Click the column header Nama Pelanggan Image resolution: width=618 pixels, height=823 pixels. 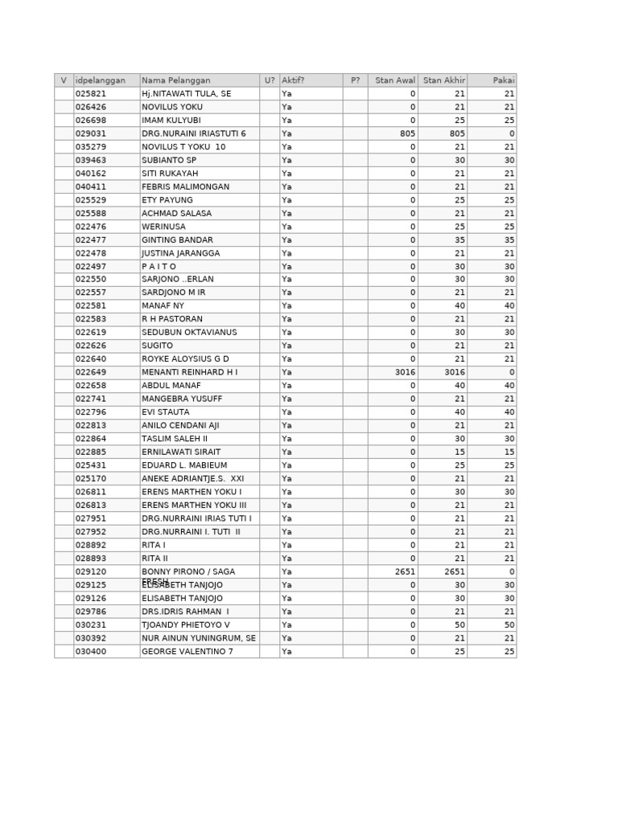tap(176, 80)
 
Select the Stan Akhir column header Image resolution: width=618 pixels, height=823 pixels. tap(443, 80)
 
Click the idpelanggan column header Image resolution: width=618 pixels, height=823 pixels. tap(101, 80)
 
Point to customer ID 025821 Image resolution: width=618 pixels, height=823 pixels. tap(91, 94)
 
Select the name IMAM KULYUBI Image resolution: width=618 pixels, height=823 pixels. tap(171, 121)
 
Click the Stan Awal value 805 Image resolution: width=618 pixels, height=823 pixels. tap(407, 133)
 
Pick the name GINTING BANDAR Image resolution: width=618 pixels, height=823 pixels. tap(177, 240)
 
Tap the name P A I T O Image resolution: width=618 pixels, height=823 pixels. tap(159, 266)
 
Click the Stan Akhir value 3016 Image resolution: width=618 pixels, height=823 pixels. tap(455, 372)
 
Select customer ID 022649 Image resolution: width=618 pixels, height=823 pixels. tap(91, 372)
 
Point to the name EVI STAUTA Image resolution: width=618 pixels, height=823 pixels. tap(166, 412)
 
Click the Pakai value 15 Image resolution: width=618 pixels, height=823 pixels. tap(509, 452)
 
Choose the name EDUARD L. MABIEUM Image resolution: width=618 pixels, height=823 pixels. tap(184, 465)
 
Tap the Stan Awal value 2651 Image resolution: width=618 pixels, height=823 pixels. tap(405, 571)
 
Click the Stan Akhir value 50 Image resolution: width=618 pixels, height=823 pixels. tap(459, 624)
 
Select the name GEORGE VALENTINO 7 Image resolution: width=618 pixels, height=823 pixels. tap(187, 651)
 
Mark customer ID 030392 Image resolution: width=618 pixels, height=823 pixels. tap(91, 638)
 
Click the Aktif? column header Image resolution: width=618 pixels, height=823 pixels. tap(293, 80)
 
